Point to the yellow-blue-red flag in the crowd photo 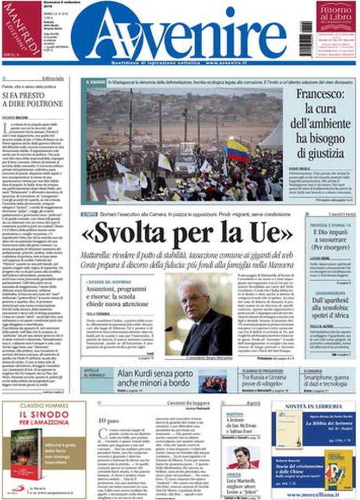coord(238,151)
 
